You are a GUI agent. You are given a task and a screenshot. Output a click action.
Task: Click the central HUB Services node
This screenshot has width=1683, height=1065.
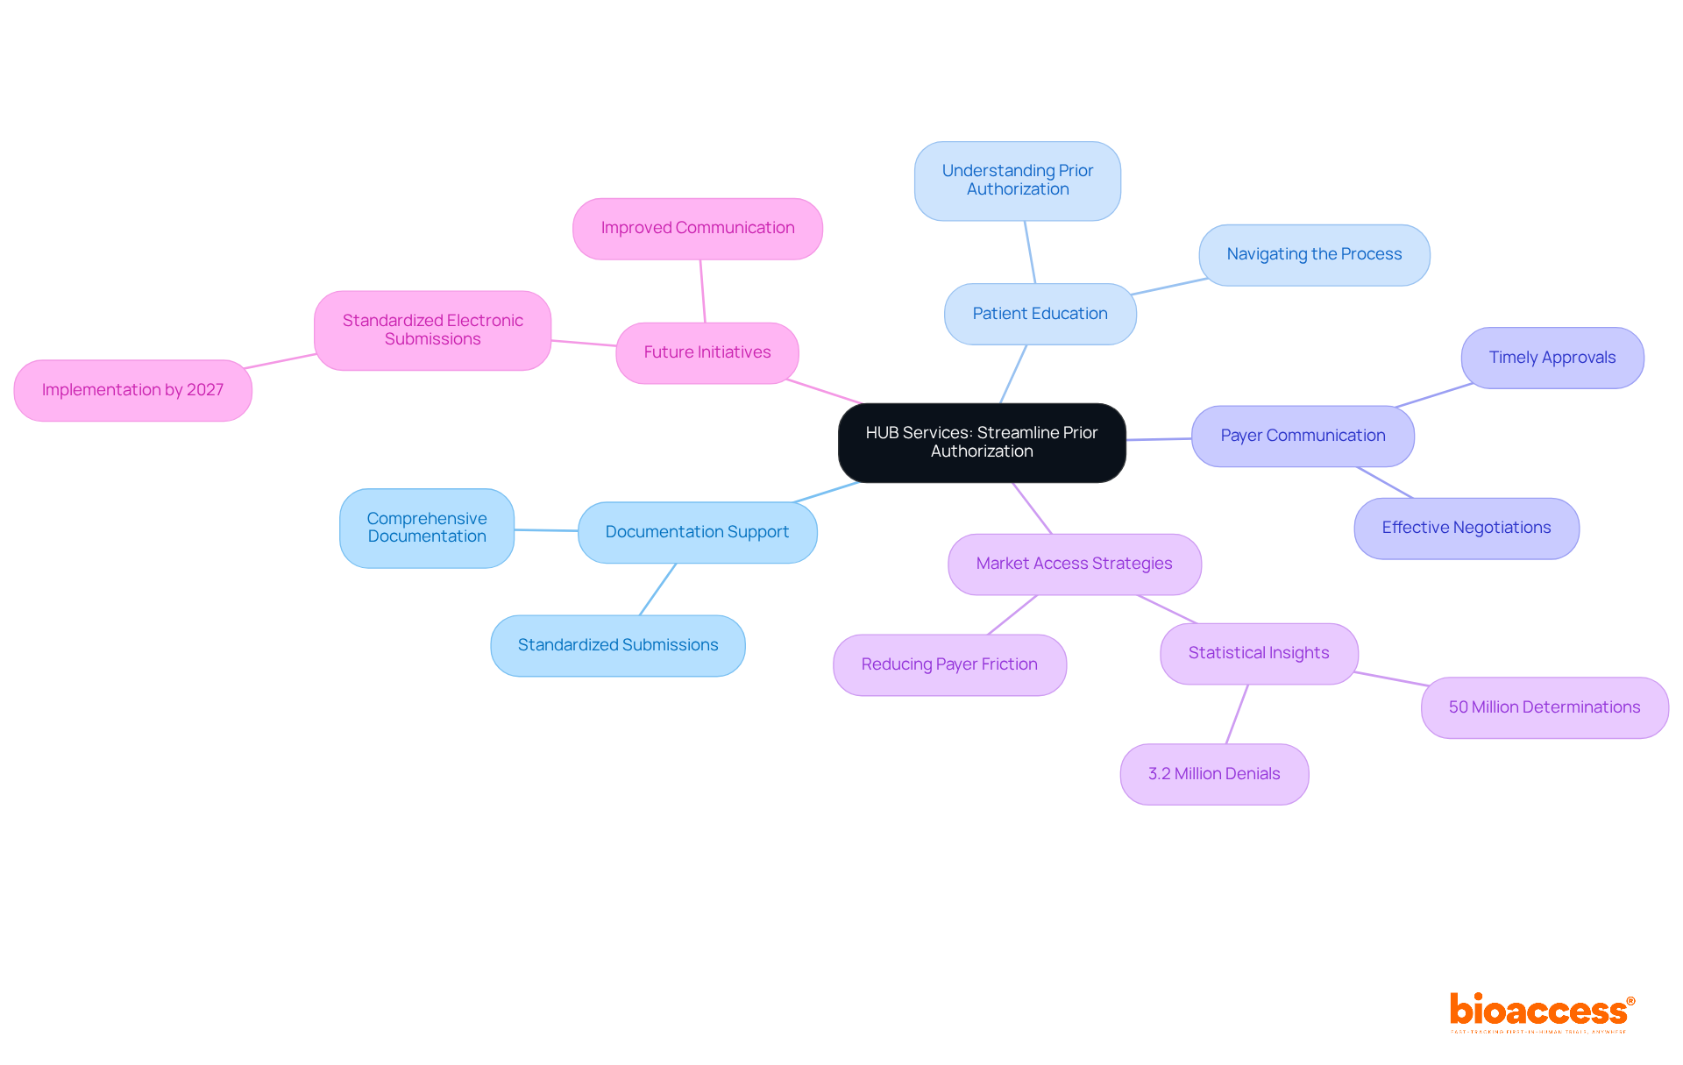point(982,442)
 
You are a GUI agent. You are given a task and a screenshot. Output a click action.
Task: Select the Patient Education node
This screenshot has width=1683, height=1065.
point(1040,314)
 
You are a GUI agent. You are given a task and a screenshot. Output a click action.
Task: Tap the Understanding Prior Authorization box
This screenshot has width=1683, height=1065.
point(1017,181)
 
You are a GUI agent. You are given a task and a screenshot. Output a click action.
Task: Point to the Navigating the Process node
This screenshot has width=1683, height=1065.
point(1314,254)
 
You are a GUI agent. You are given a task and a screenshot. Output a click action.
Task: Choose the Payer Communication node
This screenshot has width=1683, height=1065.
point(1303,436)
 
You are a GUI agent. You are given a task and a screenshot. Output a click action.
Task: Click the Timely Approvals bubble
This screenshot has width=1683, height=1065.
point(1552,358)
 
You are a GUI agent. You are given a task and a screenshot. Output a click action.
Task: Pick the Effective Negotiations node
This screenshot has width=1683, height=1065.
point(1466,528)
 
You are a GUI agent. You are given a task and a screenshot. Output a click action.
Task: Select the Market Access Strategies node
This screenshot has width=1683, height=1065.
point(1074,564)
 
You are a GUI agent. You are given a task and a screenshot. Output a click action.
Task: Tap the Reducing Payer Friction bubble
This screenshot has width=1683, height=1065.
point(949,664)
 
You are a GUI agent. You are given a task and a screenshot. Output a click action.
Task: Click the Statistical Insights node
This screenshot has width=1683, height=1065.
point(1258,653)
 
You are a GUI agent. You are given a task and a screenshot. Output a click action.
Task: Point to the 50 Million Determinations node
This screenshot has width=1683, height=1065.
point(1544,707)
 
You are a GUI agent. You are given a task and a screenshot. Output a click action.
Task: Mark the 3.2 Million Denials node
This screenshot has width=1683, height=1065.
point(1214,774)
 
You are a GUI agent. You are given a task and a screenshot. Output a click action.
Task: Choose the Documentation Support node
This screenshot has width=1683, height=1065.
point(697,532)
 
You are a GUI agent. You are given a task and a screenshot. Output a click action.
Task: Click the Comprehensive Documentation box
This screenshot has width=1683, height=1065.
point(427,528)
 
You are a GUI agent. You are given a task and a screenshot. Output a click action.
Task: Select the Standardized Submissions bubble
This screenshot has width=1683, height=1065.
point(617,645)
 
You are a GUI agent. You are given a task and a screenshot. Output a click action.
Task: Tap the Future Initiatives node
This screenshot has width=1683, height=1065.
point(707,352)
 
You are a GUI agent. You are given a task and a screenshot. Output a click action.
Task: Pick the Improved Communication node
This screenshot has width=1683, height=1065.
point(697,228)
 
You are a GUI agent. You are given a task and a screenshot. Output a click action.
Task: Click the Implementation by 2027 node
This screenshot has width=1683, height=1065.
point(132,390)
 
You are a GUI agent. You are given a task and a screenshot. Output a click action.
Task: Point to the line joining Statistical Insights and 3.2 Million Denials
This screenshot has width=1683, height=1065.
point(1237,714)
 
